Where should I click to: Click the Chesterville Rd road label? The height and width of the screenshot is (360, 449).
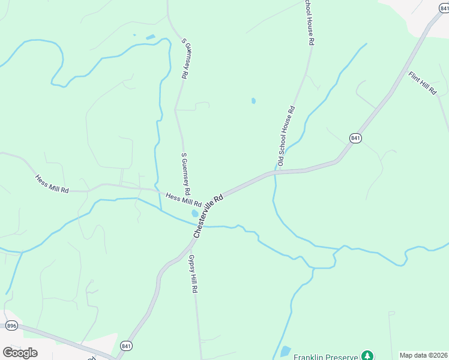point(208,214)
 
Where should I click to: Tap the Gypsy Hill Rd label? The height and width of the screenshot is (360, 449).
point(193,273)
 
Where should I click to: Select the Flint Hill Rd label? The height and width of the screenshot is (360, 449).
point(422,83)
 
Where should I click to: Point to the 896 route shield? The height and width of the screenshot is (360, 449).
point(12,325)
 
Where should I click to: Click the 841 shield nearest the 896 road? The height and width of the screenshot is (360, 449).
point(125,346)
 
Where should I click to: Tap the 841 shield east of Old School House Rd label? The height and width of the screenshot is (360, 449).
point(356,138)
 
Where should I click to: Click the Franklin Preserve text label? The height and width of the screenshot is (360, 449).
point(325,356)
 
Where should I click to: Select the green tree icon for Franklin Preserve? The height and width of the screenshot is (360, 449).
point(366,356)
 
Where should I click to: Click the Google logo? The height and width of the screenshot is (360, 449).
point(20,352)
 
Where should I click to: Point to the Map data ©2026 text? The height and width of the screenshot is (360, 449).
point(424,355)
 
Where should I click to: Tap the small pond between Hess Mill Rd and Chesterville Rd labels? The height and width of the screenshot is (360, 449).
point(194,214)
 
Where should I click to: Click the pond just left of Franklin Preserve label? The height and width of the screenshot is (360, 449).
point(285,352)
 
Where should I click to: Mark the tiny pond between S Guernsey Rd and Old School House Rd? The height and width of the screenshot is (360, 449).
point(253,101)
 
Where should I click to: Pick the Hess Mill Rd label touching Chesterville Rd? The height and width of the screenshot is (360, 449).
point(183,200)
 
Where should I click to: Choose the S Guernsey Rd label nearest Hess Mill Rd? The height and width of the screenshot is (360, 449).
point(186,173)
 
